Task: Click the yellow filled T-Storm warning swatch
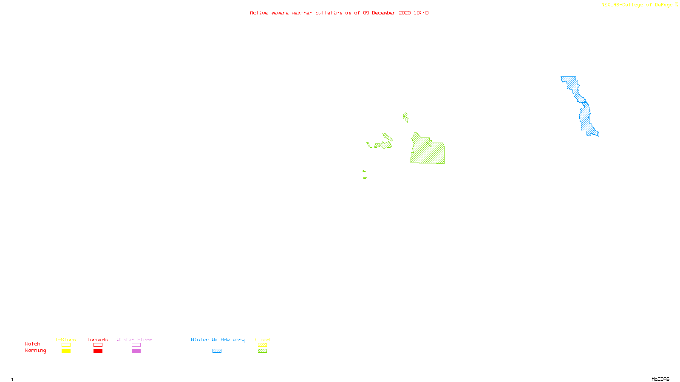(66, 351)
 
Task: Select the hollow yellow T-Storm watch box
(66, 345)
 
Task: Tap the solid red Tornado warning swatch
(98, 351)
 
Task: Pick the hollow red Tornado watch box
(98, 345)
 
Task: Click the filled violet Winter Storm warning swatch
(136, 351)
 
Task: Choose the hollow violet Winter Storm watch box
(136, 345)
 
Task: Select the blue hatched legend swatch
(217, 351)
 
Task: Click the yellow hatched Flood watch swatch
(262, 345)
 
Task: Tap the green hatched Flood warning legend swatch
(262, 351)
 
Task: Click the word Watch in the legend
(33, 344)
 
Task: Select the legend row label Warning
(35, 351)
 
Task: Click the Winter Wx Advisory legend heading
(218, 340)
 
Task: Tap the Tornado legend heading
(97, 340)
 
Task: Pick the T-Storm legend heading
(65, 340)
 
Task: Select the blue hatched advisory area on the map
(585, 115)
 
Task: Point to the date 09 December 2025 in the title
(387, 13)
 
